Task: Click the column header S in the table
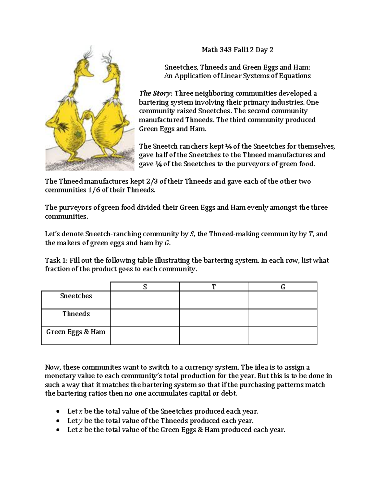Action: click(145, 287)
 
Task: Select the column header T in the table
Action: click(214, 287)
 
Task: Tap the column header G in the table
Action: click(283, 287)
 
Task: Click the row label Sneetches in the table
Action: click(76, 296)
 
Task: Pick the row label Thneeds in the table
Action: click(76, 314)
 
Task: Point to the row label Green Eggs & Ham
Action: click(76, 332)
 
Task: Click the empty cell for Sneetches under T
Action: click(214, 300)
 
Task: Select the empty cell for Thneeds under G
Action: click(283, 318)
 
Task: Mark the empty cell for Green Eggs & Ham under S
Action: click(145, 336)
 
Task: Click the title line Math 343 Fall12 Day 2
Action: click(237, 50)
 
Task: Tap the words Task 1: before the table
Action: click(56, 261)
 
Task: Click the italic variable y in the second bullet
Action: click(80, 421)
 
